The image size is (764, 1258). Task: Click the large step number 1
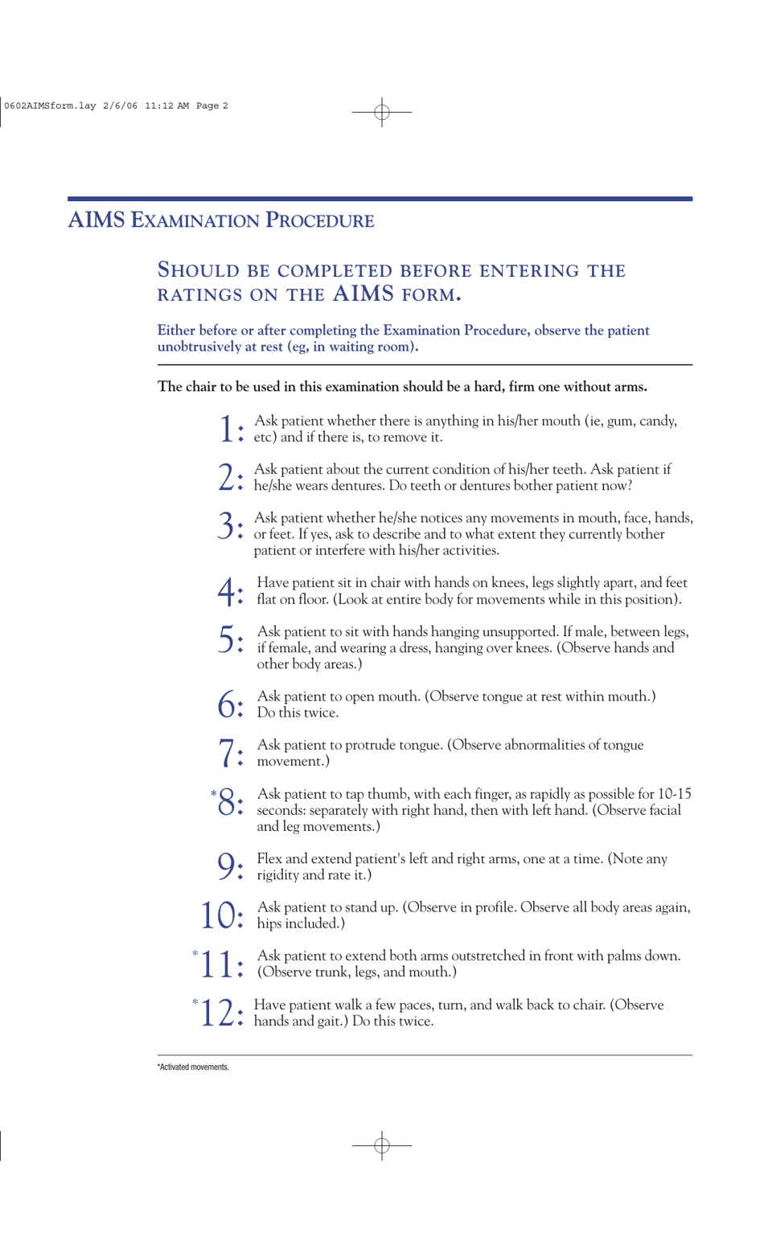[x=226, y=429]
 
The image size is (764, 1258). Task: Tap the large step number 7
[x=227, y=753]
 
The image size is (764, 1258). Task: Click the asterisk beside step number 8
[x=213, y=794]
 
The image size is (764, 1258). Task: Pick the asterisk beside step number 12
[x=195, y=1001]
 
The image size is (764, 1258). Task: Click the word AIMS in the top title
[x=96, y=220]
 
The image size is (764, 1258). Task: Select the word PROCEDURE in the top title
[x=319, y=220]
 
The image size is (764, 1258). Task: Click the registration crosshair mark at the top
[x=382, y=112]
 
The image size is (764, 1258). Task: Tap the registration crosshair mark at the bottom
[x=382, y=1144]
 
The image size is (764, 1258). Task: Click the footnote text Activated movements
[x=193, y=1067]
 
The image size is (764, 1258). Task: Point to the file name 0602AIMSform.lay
[x=50, y=105]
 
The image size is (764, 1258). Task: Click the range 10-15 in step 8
[x=674, y=794]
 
